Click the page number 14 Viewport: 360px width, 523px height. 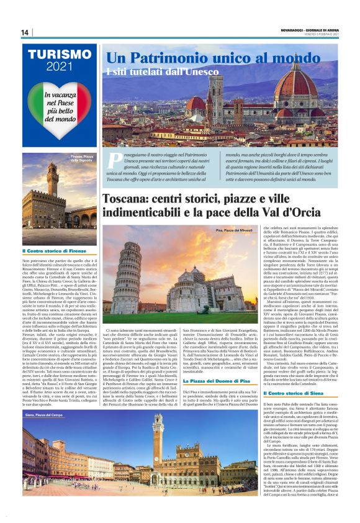(25, 32)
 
